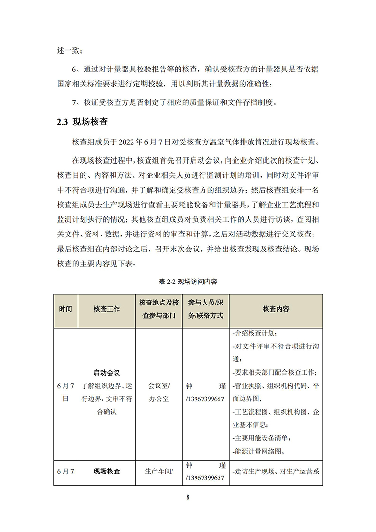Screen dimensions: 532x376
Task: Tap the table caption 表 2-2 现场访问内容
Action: click(188, 282)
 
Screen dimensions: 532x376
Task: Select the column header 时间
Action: click(66, 309)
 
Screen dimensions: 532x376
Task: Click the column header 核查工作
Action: click(107, 309)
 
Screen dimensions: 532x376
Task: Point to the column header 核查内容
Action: click(276, 309)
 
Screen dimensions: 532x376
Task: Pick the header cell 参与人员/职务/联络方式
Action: click(205, 309)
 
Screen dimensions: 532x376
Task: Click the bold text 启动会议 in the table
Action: click(107, 373)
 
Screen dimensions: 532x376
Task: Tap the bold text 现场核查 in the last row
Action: click(107, 471)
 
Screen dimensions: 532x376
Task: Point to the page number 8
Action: click(188, 498)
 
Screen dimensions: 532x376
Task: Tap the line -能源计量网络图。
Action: click(259, 452)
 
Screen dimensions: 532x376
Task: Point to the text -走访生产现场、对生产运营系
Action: click(276, 471)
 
